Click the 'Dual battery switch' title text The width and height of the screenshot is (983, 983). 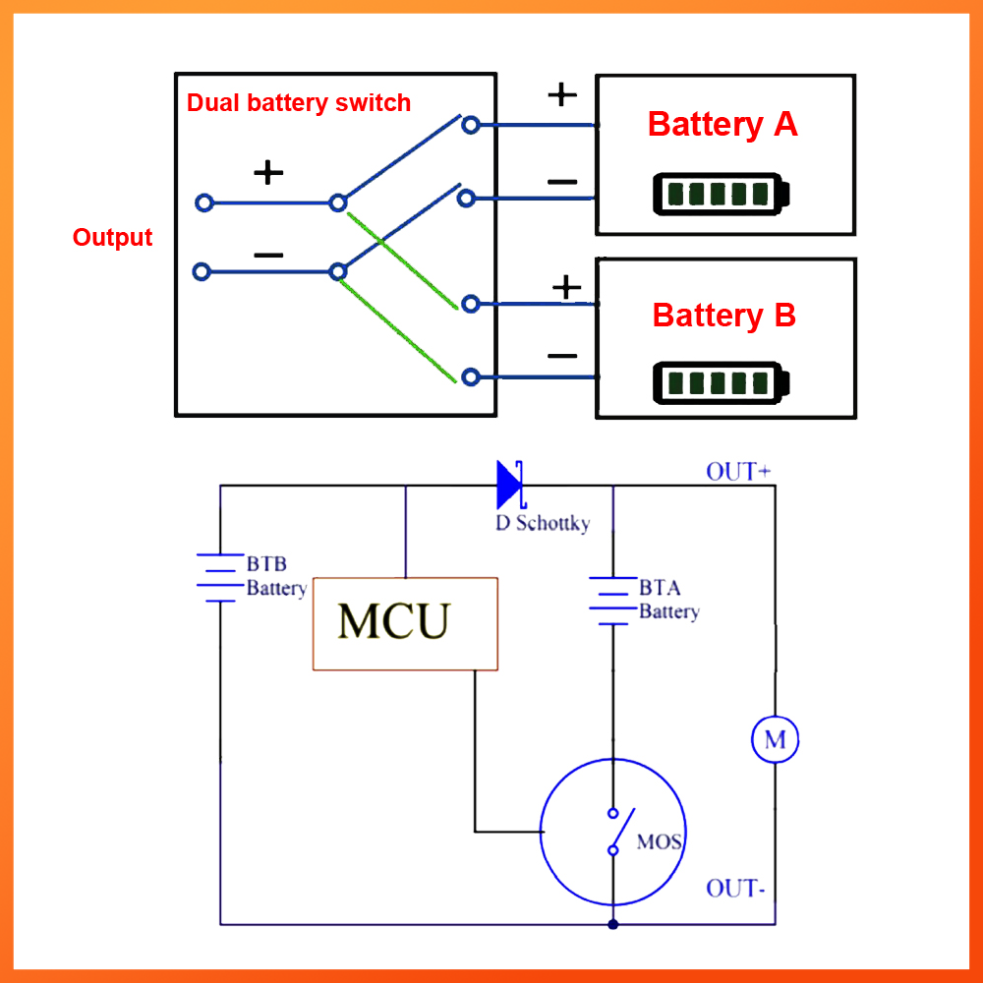[x=299, y=103]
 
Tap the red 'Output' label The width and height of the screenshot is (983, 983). [x=112, y=238]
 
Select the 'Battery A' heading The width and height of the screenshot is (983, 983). [x=723, y=125]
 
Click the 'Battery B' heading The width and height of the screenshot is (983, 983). [x=723, y=316]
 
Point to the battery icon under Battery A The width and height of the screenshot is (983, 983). [x=722, y=194]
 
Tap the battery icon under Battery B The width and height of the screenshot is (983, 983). [x=722, y=383]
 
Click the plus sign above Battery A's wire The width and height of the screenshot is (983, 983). [x=561, y=94]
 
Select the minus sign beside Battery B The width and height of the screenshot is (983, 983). [x=562, y=355]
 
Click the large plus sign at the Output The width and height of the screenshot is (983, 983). [x=267, y=173]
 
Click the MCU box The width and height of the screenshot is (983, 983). [x=405, y=623]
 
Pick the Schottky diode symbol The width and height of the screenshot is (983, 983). [x=509, y=484]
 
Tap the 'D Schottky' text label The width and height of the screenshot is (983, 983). [x=543, y=523]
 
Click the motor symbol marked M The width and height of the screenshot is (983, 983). [x=775, y=739]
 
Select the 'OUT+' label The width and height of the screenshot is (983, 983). [x=737, y=471]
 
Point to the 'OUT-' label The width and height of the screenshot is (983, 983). [x=735, y=889]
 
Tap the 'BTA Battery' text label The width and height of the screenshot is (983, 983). [x=668, y=600]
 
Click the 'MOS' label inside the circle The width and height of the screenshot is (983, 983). [x=659, y=842]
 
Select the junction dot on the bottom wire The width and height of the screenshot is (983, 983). [x=612, y=924]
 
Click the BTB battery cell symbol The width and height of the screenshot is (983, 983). [x=219, y=577]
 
